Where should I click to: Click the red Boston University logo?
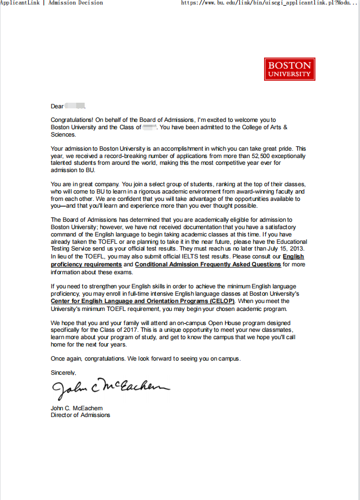tap(289, 69)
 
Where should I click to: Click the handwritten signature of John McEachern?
tap(110, 387)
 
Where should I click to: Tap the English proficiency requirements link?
tap(86, 264)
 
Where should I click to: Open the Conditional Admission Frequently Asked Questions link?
tap(208, 264)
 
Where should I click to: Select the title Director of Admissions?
tap(80, 415)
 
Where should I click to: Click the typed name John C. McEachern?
tap(77, 408)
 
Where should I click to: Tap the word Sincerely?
tap(63, 372)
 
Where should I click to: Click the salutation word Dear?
tap(57, 106)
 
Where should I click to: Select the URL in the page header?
tap(270, 3)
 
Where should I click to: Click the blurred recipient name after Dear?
tap(74, 106)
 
